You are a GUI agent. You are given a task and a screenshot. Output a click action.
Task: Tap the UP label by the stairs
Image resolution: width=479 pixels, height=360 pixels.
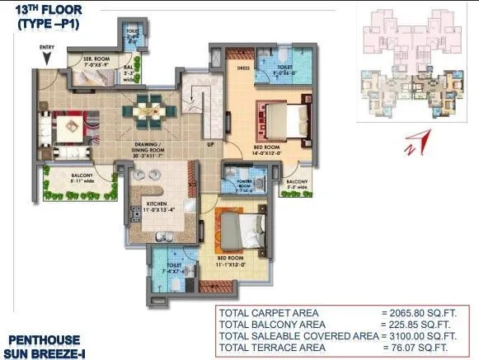pos(211,143)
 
